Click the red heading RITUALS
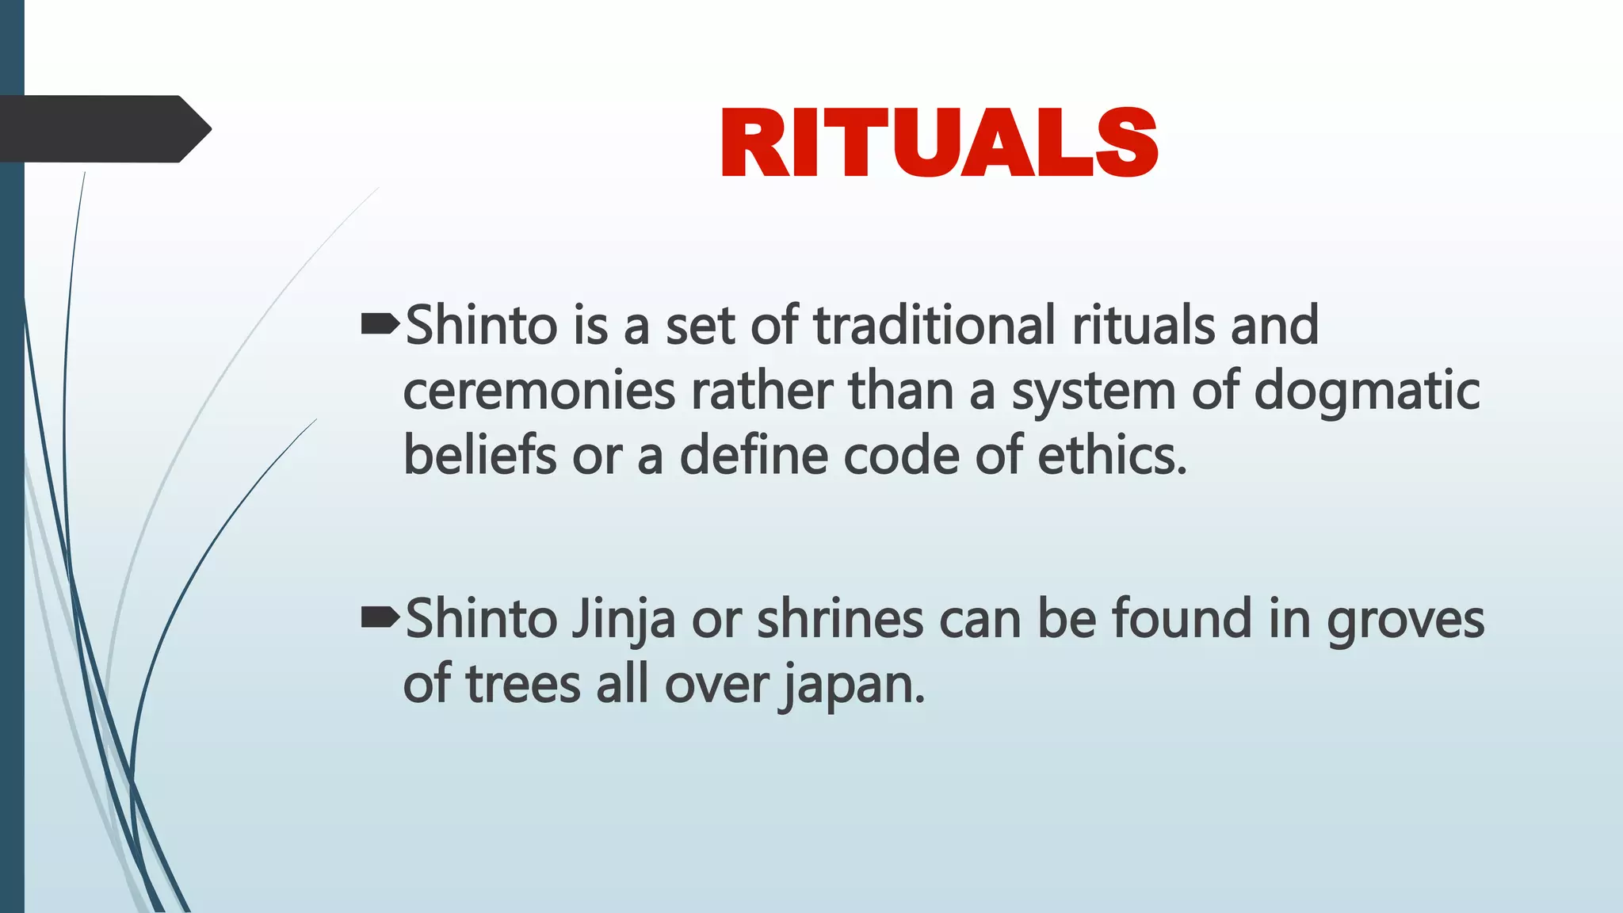point(939,143)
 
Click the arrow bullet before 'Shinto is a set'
point(380,323)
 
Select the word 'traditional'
point(935,325)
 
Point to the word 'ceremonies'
point(540,392)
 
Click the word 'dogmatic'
point(1367,392)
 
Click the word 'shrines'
point(840,619)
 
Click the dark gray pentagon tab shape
point(103,129)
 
